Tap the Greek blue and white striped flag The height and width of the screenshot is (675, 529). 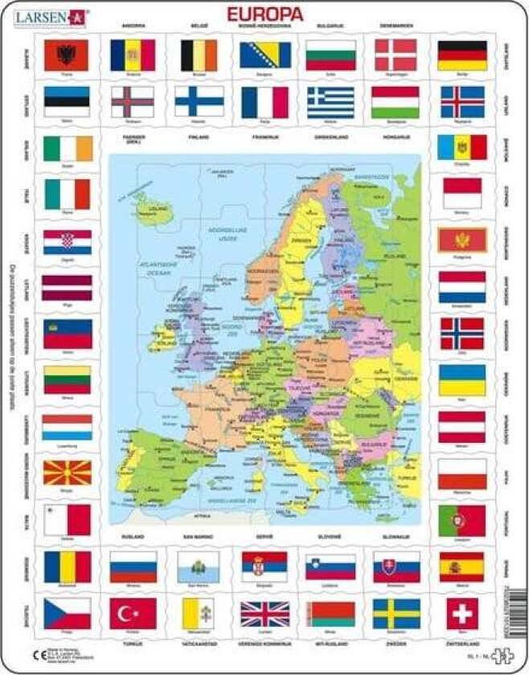pyautogui.click(x=330, y=101)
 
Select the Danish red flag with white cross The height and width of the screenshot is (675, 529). pyautogui.click(x=396, y=55)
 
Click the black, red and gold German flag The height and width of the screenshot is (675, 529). pyautogui.click(x=461, y=55)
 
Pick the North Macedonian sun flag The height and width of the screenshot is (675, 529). pyautogui.click(x=66, y=472)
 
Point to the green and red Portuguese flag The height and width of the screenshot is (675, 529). pyautogui.click(x=461, y=520)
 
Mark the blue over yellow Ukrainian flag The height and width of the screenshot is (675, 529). pyautogui.click(x=461, y=379)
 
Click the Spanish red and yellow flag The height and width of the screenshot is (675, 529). pyautogui.click(x=461, y=566)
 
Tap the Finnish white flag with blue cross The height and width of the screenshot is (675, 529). pyautogui.click(x=198, y=101)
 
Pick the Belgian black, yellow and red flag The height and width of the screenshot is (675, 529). pyautogui.click(x=198, y=55)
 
